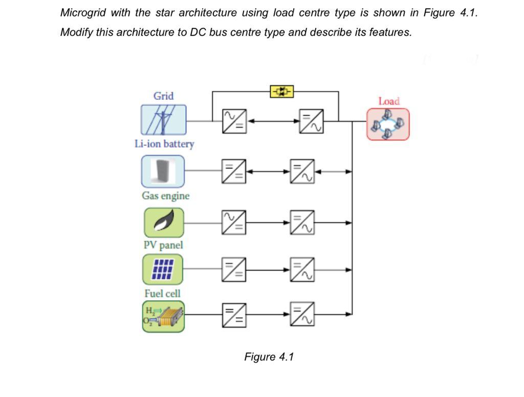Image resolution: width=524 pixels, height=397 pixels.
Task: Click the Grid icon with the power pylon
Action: coord(164,120)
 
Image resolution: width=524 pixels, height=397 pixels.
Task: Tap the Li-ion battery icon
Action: coord(163,172)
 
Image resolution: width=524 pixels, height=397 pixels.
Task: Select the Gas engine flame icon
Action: coord(164,222)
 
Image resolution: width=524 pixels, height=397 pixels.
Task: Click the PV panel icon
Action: coord(163,269)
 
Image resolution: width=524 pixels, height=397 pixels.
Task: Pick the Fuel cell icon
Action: coord(163,317)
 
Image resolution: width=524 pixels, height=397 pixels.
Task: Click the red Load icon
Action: coord(388,124)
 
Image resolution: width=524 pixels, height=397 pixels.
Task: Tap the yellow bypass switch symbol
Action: coord(281,92)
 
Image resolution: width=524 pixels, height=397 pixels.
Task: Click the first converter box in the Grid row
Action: coord(234,121)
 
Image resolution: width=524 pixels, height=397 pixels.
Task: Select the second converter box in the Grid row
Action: coord(311,121)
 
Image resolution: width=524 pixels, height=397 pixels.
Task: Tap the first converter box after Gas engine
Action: coord(234,222)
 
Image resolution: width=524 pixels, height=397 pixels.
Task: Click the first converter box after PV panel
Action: coord(234,269)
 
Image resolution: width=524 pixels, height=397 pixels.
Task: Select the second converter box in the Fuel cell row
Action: coord(302,314)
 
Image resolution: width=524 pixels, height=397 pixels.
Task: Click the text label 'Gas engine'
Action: coord(165,196)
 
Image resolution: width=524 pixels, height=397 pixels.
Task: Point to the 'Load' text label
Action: coord(389,101)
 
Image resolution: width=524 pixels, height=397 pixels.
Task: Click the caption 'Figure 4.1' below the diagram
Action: coord(269,357)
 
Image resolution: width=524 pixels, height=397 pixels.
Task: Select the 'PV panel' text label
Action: coord(163,245)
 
